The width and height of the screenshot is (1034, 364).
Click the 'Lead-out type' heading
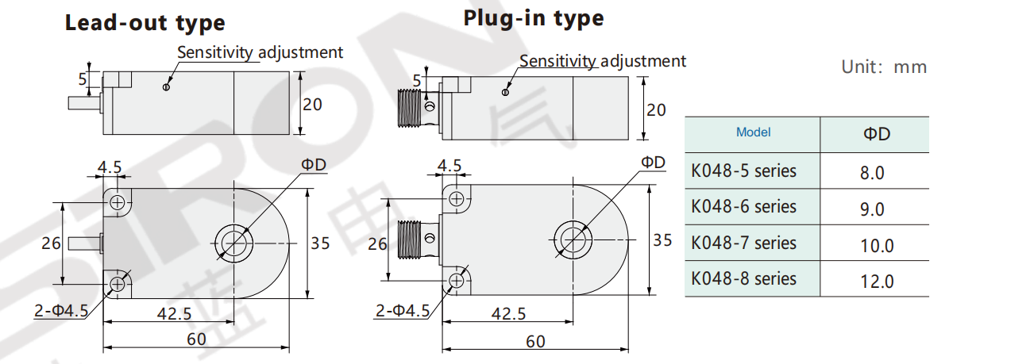click(x=145, y=24)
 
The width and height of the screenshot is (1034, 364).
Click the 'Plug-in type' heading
click(x=534, y=18)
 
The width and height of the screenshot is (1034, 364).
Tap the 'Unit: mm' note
click(x=884, y=67)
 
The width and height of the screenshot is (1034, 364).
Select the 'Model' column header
click(x=753, y=132)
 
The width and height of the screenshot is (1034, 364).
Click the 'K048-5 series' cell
click(x=743, y=171)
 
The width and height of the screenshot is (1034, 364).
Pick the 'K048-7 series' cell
click(x=743, y=243)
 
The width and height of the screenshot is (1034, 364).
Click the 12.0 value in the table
click(x=877, y=281)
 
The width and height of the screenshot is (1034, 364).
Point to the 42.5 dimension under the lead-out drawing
click(x=175, y=313)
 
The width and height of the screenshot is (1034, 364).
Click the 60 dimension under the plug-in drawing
click(x=536, y=341)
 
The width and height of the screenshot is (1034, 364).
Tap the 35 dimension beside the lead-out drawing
click(x=320, y=243)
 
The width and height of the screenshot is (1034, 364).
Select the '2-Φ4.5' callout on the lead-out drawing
click(x=61, y=310)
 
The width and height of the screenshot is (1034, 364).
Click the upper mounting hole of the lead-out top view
click(x=118, y=203)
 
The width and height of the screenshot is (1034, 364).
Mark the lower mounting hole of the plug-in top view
click(x=457, y=281)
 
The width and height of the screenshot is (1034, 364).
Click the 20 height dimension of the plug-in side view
click(x=656, y=110)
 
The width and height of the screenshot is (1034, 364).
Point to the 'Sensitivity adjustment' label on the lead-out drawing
click(x=260, y=52)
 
